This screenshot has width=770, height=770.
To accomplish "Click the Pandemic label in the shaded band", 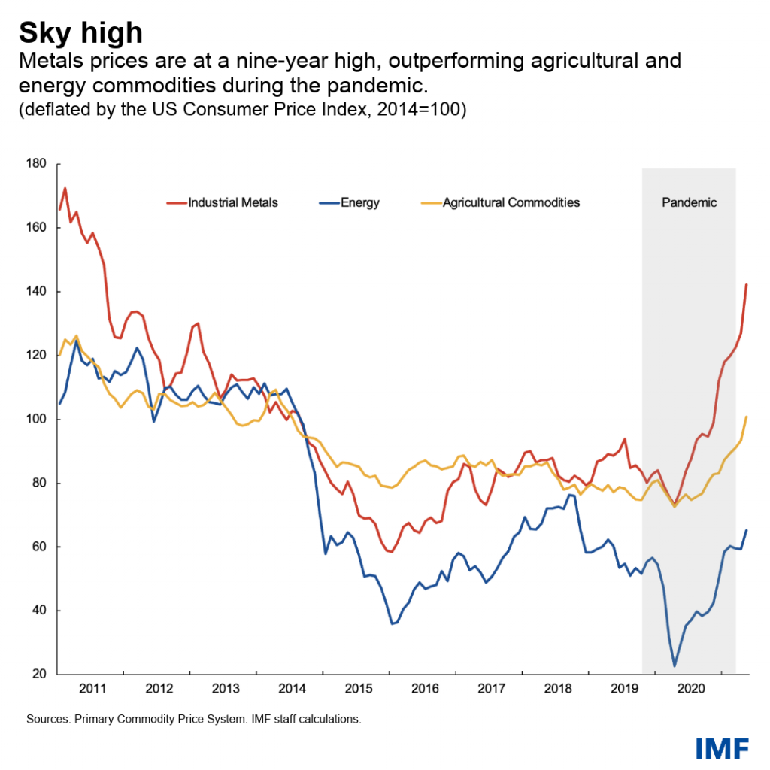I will pyautogui.click(x=689, y=202).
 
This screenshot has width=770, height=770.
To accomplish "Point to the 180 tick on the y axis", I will pyautogui.click(x=38, y=164).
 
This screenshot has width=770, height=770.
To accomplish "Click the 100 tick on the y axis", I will pyautogui.click(x=38, y=419).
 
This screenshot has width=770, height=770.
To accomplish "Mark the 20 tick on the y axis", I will pyautogui.click(x=41, y=675).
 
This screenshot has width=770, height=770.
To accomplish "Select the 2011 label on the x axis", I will pyautogui.click(x=92, y=688).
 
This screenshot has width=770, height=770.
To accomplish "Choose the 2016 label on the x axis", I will pyautogui.click(x=425, y=688).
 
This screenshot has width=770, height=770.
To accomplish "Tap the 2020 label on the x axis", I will pyautogui.click(x=690, y=688).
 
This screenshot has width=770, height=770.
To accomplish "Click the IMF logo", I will pyautogui.click(x=722, y=747).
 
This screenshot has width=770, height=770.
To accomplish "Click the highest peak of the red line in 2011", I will pyautogui.click(x=65, y=188).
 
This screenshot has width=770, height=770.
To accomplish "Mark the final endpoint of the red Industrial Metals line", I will pyautogui.click(x=746, y=284).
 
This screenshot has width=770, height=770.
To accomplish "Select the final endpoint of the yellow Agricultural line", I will pyautogui.click(x=746, y=417).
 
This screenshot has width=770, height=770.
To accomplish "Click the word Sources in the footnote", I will pyautogui.click(x=48, y=720).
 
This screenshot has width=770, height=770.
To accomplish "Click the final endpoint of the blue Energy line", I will pyautogui.click(x=746, y=530).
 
